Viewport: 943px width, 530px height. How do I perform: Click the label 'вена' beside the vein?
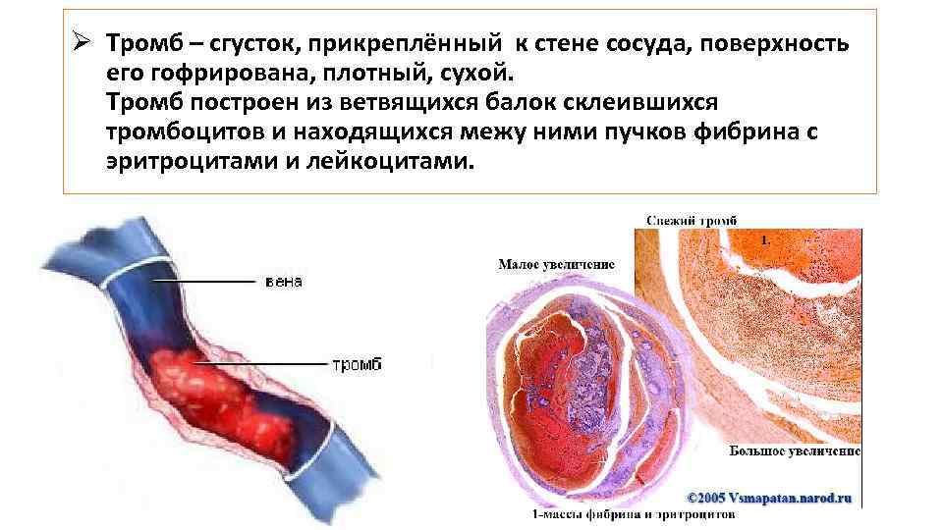point(284,282)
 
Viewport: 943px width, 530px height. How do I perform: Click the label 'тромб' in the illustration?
point(356,364)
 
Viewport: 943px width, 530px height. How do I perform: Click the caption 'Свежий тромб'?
point(692,221)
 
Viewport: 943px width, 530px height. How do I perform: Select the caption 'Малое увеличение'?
point(556,264)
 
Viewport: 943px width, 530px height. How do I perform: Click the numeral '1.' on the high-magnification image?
point(766,239)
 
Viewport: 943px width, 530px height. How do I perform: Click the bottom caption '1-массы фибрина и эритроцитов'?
point(634,513)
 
